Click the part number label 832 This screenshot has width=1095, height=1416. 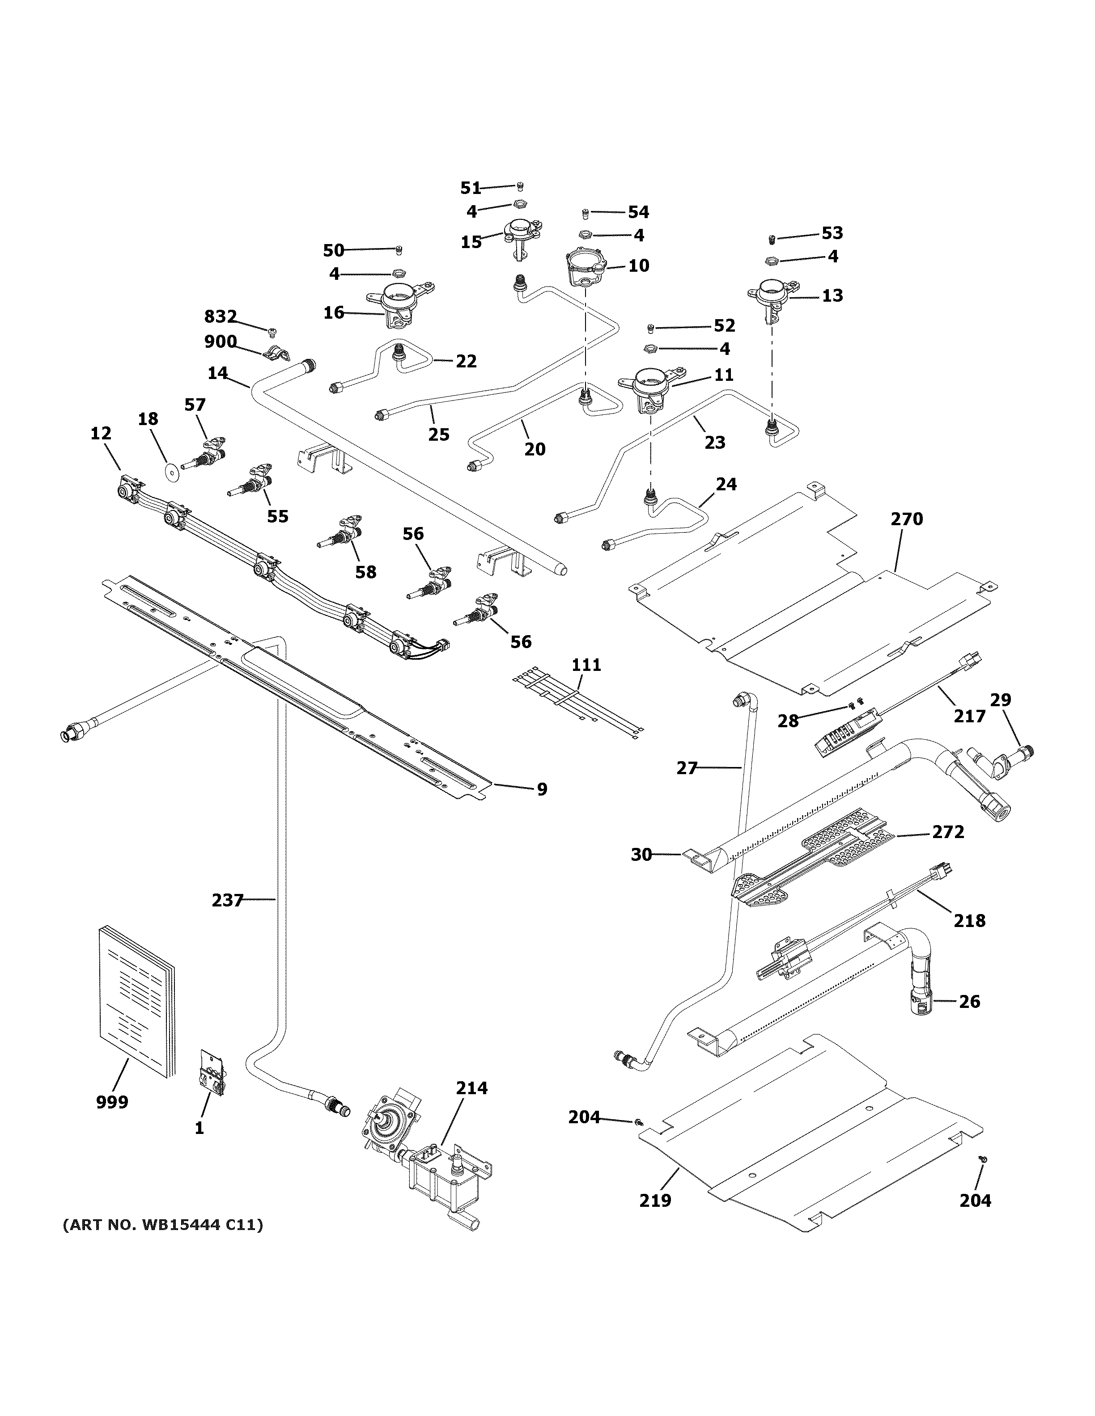[x=221, y=316]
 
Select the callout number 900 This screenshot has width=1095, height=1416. [x=221, y=341]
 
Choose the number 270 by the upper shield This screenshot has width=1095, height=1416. [x=906, y=518]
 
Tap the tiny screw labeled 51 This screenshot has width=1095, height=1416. [x=520, y=187]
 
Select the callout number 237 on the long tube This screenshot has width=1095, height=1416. [x=227, y=900]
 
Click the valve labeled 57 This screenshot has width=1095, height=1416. [x=208, y=454]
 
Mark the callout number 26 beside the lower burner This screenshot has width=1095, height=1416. [x=969, y=1001]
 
